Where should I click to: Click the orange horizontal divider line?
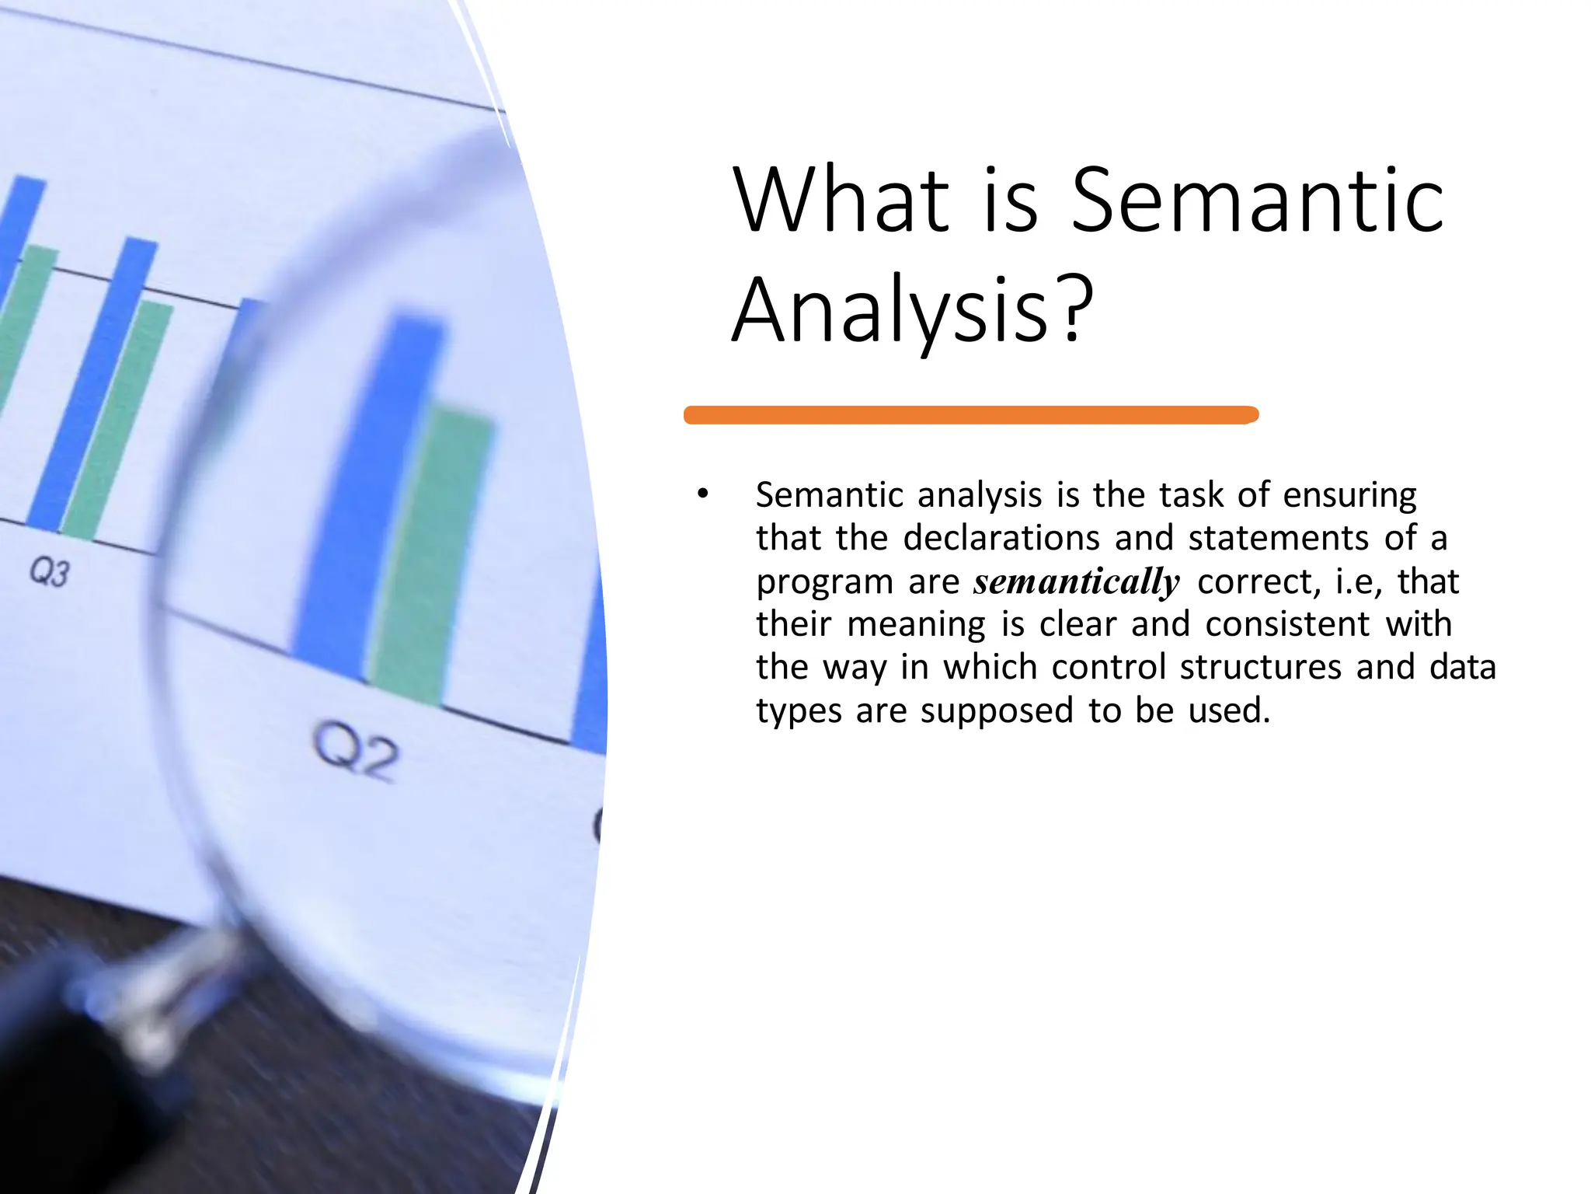point(971,415)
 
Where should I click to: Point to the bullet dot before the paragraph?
point(703,494)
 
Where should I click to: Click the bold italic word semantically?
point(1076,581)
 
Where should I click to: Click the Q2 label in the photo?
point(357,751)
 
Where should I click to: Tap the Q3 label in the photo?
point(50,572)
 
